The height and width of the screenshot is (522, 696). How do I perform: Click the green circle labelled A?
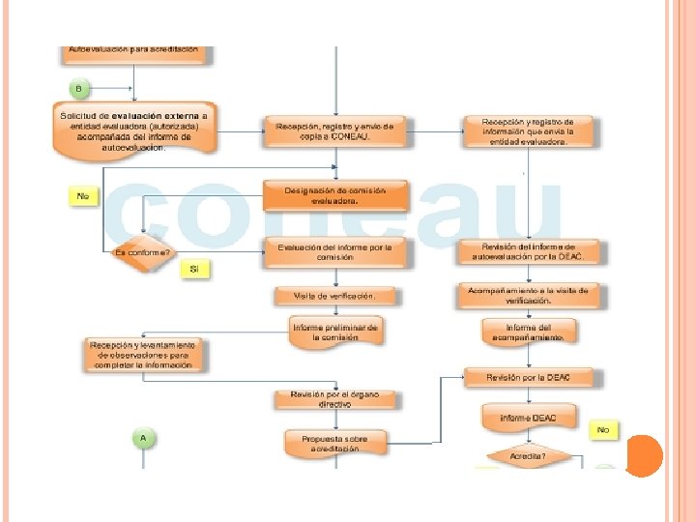(x=143, y=438)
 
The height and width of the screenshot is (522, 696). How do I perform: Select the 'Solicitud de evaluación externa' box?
(x=133, y=130)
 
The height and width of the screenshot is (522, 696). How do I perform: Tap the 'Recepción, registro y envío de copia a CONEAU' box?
(x=335, y=130)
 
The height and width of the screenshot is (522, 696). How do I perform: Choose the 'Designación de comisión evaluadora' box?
(x=335, y=196)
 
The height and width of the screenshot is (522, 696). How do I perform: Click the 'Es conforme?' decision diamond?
(x=142, y=253)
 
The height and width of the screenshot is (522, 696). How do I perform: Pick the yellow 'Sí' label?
(x=194, y=270)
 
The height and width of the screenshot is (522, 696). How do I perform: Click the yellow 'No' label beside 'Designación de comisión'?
(x=83, y=196)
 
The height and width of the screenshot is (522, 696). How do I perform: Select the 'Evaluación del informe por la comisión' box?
(x=335, y=252)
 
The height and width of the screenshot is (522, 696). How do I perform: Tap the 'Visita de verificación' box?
(x=334, y=295)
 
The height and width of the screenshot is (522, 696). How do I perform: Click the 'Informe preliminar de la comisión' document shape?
(x=335, y=333)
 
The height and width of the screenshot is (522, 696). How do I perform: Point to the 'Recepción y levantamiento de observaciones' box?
(x=142, y=354)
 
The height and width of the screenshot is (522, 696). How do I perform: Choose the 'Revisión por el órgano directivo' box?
(x=334, y=398)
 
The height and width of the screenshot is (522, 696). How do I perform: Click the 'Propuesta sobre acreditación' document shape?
(x=334, y=443)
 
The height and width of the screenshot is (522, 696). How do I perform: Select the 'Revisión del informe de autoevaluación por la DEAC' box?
(x=529, y=251)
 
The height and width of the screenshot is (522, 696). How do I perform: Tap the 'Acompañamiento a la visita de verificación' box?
(x=528, y=294)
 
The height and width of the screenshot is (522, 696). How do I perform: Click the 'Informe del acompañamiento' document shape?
(x=528, y=332)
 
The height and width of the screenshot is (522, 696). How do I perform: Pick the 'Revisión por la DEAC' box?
(x=528, y=377)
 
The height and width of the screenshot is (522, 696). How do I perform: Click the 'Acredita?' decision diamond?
(x=528, y=456)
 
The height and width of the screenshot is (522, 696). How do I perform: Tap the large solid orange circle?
(x=644, y=455)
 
